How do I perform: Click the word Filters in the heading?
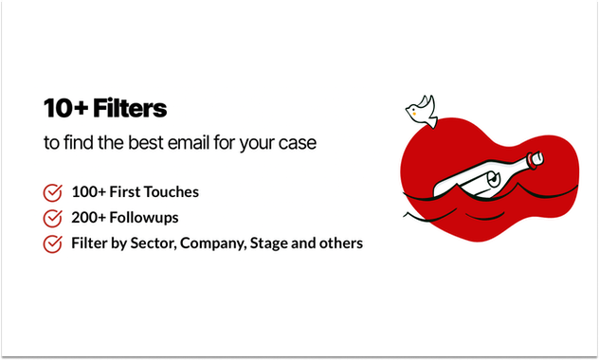point(128,109)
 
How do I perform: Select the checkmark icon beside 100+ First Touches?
point(53,192)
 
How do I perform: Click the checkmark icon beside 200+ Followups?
point(53,218)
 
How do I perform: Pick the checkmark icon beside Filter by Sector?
point(53,243)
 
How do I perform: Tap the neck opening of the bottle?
point(538,156)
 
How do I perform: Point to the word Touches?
point(169,192)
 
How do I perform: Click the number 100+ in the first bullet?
point(88,192)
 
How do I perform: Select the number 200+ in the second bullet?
point(88,218)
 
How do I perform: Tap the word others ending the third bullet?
point(341,243)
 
